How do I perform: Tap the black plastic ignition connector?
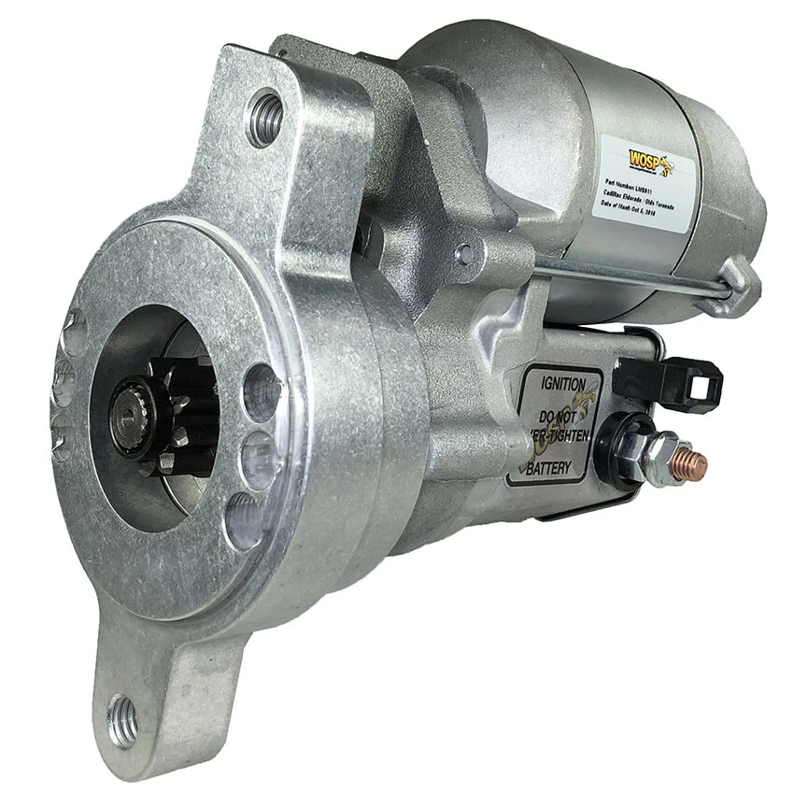[x=671, y=381]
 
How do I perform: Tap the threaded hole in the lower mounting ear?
[x=123, y=719]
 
